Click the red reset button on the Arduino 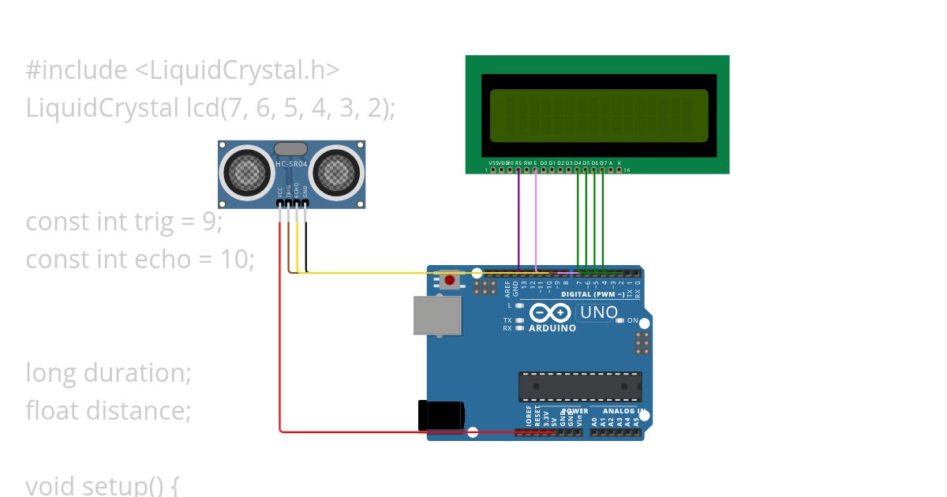(x=450, y=279)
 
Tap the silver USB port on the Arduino (x=437, y=315)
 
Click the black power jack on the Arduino (x=440, y=416)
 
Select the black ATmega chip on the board (x=579, y=387)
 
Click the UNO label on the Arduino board (x=598, y=312)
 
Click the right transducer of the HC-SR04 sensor (x=336, y=170)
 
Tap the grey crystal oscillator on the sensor (x=290, y=148)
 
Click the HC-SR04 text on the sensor (x=290, y=164)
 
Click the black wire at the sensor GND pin (x=306, y=245)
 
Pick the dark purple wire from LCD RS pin (x=518, y=221)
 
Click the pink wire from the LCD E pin (x=536, y=221)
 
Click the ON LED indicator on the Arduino (x=620, y=320)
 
